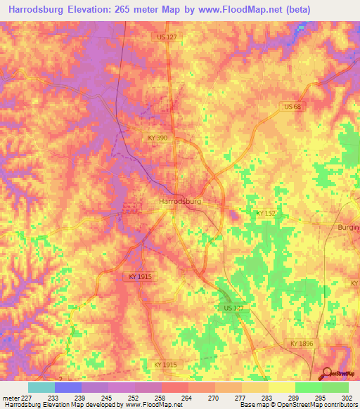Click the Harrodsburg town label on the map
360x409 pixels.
point(180,201)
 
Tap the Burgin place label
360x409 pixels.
point(349,228)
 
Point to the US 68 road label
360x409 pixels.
point(292,106)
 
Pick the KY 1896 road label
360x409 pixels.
point(302,342)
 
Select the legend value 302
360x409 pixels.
point(347,398)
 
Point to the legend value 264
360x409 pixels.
point(186,398)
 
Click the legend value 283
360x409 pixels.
point(266,398)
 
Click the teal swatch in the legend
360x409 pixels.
point(41,387)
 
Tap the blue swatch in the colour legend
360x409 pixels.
point(68,387)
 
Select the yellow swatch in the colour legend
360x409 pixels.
point(281,387)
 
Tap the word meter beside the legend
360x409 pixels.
point(9,398)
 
